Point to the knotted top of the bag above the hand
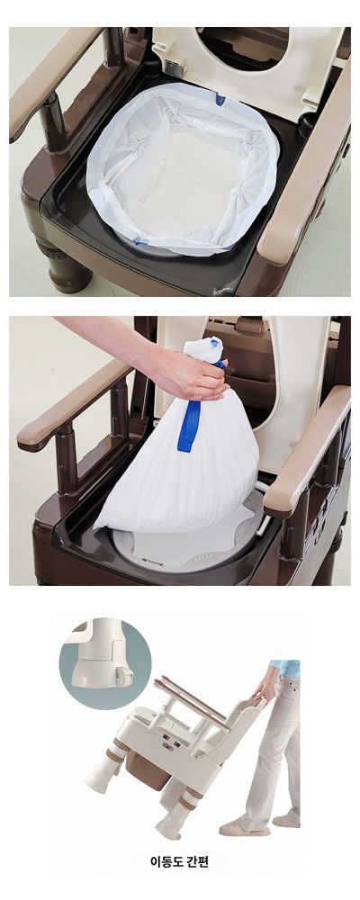pyautogui.click(x=202, y=351)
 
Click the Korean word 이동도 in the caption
pyautogui.click(x=167, y=861)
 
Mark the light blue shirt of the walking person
pyautogui.click(x=285, y=668)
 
